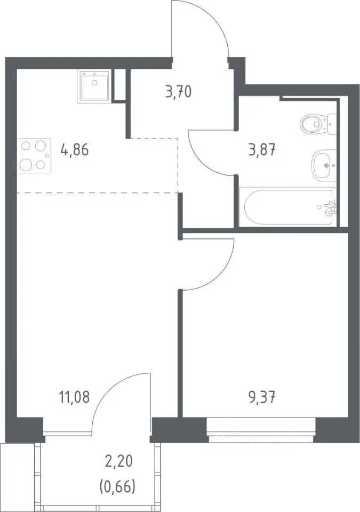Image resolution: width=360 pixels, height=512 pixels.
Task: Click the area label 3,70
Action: [178, 92]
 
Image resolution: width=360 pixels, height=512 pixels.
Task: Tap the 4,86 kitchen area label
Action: [75, 150]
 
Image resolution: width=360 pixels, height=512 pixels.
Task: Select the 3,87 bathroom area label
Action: [262, 150]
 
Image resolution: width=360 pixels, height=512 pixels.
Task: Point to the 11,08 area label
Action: [74, 397]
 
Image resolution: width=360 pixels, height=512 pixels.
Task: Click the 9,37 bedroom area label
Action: [262, 397]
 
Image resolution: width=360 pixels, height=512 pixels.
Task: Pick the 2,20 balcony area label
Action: [118, 462]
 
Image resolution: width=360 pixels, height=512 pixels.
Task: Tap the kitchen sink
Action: [94, 86]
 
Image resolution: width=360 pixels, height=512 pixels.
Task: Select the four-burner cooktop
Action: [34, 155]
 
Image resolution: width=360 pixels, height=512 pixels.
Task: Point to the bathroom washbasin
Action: [324, 165]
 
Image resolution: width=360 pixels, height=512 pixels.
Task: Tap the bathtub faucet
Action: [330, 207]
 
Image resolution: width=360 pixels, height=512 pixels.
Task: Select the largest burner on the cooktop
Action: [26, 164]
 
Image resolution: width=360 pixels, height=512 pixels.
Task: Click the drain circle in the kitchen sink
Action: [94, 83]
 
